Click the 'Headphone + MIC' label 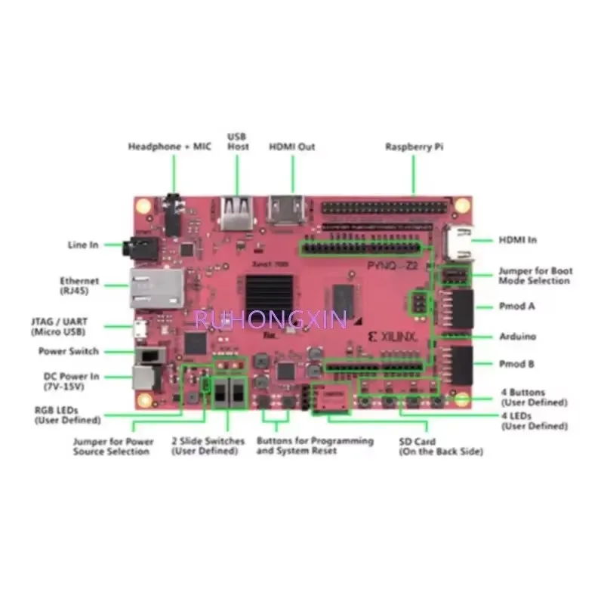tap(171, 146)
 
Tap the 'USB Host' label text tap(238, 141)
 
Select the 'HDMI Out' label tap(292, 146)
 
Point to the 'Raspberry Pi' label tap(414, 146)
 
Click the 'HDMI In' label tap(518, 240)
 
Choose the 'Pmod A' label tap(517, 307)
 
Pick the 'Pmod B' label tap(517, 364)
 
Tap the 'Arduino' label tap(517, 336)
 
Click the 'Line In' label tap(83, 245)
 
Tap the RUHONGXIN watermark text tap(270, 319)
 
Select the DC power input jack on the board tap(146, 377)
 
